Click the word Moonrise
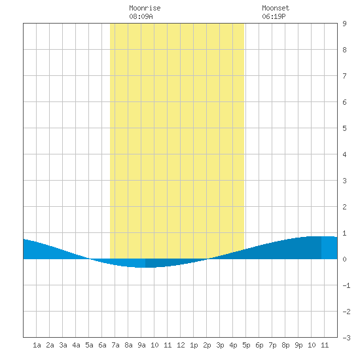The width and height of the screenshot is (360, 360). pyautogui.click(x=145, y=8)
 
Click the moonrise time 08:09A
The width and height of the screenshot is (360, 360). pyautogui.click(x=141, y=16)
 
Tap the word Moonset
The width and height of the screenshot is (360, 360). pyautogui.click(x=276, y=8)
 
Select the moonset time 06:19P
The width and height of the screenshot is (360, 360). pyautogui.click(x=274, y=16)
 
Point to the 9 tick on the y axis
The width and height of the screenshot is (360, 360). pyautogui.click(x=344, y=24)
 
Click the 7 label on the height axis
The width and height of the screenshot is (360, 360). pyautogui.click(x=344, y=76)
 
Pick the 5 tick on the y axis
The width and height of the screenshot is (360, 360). pyautogui.click(x=344, y=128)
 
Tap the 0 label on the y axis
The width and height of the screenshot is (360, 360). pyautogui.click(x=344, y=259)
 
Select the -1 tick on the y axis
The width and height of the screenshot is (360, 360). pyautogui.click(x=346, y=285)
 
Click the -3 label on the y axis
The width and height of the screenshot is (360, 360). pyautogui.click(x=346, y=338)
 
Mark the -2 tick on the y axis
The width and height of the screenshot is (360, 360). pyautogui.click(x=346, y=312)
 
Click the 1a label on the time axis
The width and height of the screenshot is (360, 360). pyautogui.click(x=37, y=345)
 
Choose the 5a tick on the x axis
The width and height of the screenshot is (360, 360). pyautogui.click(x=89, y=345)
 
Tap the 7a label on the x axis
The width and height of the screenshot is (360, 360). pyautogui.click(x=115, y=345)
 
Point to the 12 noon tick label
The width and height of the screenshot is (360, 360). pyautogui.click(x=181, y=345)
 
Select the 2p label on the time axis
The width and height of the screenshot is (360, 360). pyautogui.click(x=207, y=345)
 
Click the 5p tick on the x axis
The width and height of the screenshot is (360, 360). pyautogui.click(x=246, y=345)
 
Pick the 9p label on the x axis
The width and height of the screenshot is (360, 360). pyautogui.click(x=298, y=345)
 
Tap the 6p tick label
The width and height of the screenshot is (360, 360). pyautogui.click(x=259, y=345)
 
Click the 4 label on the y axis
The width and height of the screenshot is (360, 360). pyautogui.click(x=344, y=154)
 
